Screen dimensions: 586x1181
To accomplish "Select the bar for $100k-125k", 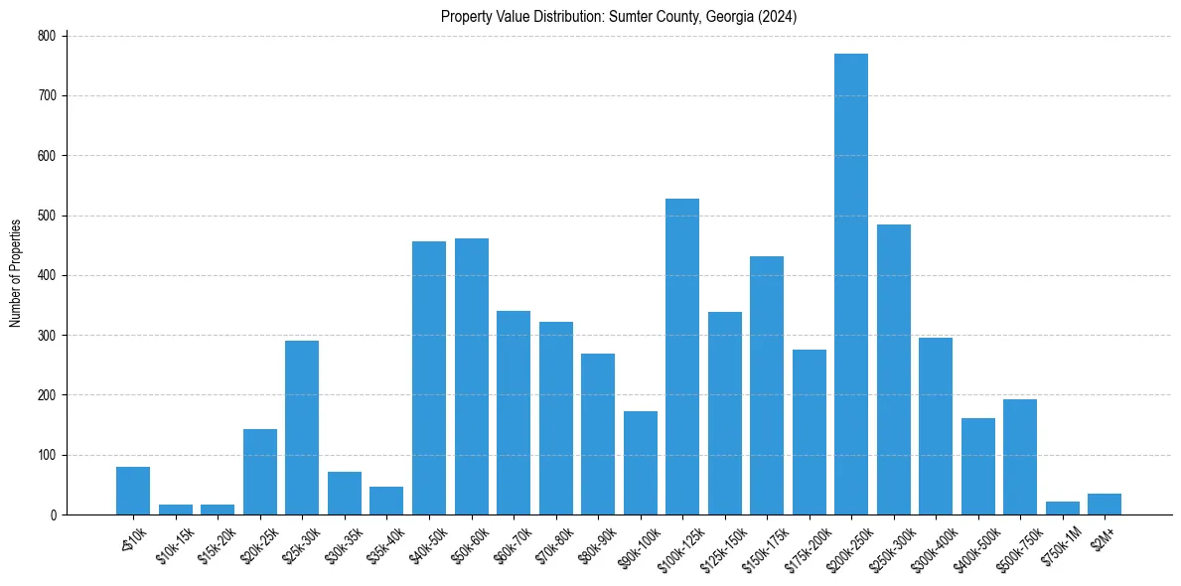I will tap(682, 357).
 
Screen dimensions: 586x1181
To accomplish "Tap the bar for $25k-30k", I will tap(302, 427).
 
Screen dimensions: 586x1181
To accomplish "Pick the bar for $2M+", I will tap(1105, 505).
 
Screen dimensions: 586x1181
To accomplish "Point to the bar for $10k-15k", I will tap(176, 510).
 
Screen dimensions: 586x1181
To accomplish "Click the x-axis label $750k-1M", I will tap(1055, 543).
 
